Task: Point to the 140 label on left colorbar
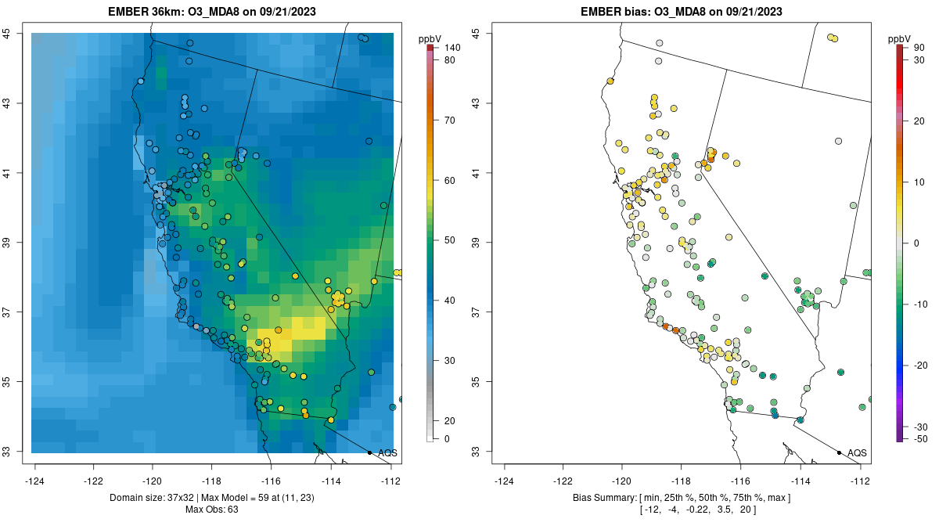tap(452, 48)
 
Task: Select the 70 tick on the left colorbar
tap(450, 121)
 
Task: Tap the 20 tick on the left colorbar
tap(450, 420)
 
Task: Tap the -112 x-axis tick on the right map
tap(860, 480)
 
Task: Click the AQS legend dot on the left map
tap(369, 452)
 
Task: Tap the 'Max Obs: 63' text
tap(211, 510)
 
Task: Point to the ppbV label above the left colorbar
tap(430, 38)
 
